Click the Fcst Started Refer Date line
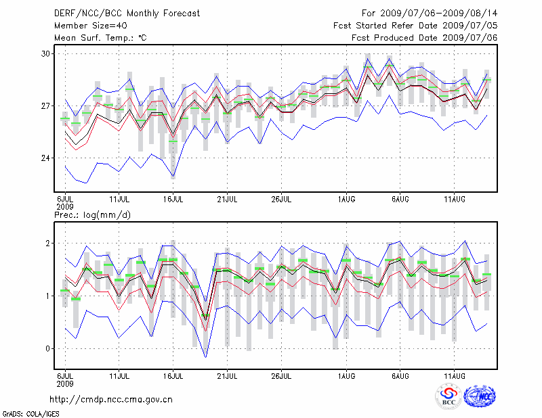pyautogui.click(x=415, y=26)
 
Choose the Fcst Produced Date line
pyautogui.click(x=424, y=38)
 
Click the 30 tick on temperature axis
pyautogui.click(x=46, y=53)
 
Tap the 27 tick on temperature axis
pyautogui.click(x=46, y=106)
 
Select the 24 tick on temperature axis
pyautogui.click(x=46, y=158)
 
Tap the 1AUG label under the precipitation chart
pyautogui.click(x=346, y=374)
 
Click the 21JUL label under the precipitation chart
pyautogui.click(x=228, y=374)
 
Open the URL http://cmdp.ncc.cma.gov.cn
pyautogui.click(x=112, y=399)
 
